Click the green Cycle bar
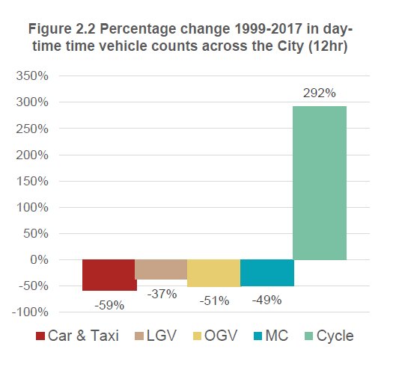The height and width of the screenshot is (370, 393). click(319, 182)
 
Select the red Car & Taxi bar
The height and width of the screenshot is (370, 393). click(109, 274)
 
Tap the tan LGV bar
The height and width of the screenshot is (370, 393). click(161, 269)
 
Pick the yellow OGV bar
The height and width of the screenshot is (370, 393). click(213, 273)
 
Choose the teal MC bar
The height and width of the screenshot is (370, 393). click(266, 272)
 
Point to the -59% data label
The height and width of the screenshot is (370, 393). click(109, 304)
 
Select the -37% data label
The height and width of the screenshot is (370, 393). click(161, 294)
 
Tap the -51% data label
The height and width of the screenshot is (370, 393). click(213, 300)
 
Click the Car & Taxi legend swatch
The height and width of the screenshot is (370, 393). click(40, 336)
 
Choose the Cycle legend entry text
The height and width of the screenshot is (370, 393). click(335, 336)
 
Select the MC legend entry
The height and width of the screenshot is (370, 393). click(270, 336)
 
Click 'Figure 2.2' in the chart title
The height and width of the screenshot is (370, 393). click(64, 31)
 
